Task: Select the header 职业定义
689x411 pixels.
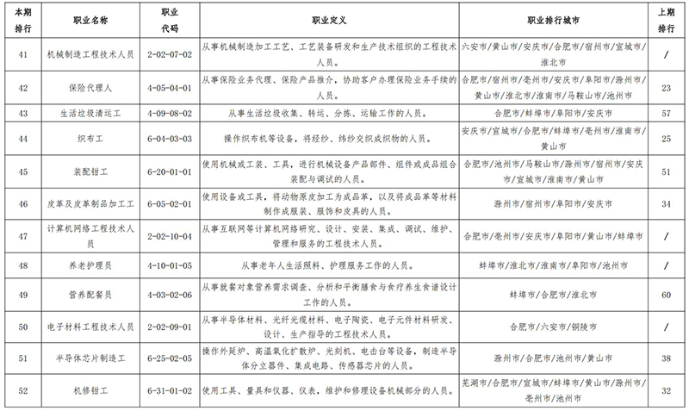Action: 327,18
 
